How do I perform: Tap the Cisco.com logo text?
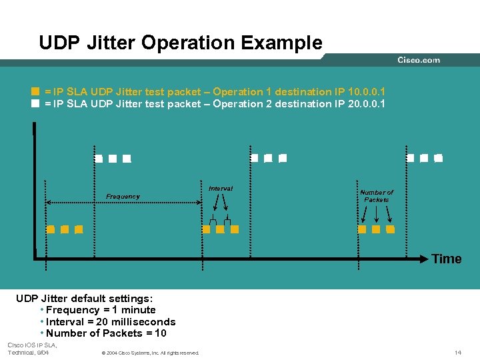pyautogui.click(x=419, y=60)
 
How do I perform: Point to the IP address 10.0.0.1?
pyautogui.click(x=367, y=91)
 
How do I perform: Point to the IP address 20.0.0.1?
pyautogui.click(x=367, y=103)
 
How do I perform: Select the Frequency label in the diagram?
pyautogui.click(x=123, y=197)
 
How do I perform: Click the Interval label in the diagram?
pyautogui.click(x=221, y=189)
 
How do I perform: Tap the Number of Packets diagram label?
pyautogui.click(x=377, y=196)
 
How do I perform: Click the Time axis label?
pyautogui.click(x=446, y=259)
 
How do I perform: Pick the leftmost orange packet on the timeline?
pyautogui.click(x=51, y=229)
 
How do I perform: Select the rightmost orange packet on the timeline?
pyautogui.click(x=390, y=229)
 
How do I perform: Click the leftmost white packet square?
pyautogui.click(x=99, y=159)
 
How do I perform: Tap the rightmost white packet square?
pyautogui.click(x=438, y=159)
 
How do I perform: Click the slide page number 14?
pyautogui.click(x=458, y=352)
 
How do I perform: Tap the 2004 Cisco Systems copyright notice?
pyautogui.click(x=150, y=353)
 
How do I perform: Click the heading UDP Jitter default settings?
pyautogui.click(x=84, y=298)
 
